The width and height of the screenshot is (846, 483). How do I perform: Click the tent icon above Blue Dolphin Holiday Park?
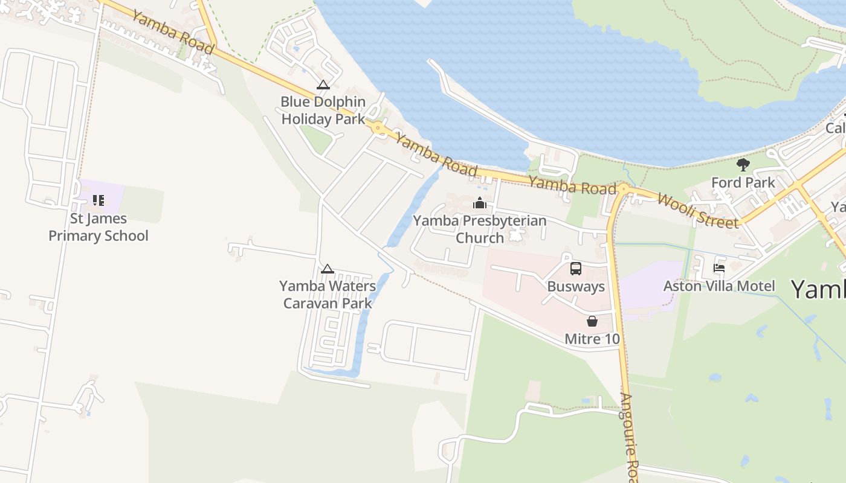pos(323,85)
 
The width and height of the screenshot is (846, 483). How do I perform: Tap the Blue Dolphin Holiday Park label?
pos(323,110)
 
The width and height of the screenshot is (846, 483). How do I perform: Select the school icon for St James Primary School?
pos(98,200)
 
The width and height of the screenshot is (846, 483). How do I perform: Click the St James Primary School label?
pos(98,227)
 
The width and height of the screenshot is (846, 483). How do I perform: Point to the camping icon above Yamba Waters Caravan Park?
pos(327,269)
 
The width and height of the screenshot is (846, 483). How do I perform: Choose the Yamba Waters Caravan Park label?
pos(328,294)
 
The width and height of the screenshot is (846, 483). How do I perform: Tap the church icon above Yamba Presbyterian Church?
pos(480,203)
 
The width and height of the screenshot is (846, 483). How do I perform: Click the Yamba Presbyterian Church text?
pos(480,229)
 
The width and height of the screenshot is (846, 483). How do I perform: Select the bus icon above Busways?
pos(575,269)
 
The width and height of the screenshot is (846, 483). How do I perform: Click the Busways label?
pos(575,286)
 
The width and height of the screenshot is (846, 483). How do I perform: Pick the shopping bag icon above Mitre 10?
pos(592,321)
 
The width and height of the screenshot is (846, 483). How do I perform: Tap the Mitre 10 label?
pos(592,339)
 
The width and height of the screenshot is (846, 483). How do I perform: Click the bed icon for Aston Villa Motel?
pos(719,267)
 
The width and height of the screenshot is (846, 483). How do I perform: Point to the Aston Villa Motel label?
pos(719,286)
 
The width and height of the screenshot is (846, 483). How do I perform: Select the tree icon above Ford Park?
pos(743,164)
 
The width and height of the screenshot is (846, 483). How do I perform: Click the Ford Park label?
pos(743,182)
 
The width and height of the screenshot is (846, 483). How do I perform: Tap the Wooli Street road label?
pos(697,210)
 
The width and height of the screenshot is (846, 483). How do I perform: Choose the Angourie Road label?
pos(630,438)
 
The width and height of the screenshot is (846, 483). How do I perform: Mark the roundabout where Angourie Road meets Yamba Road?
pos(624,190)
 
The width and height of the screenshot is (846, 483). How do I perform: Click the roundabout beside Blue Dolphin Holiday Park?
pos(378,127)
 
